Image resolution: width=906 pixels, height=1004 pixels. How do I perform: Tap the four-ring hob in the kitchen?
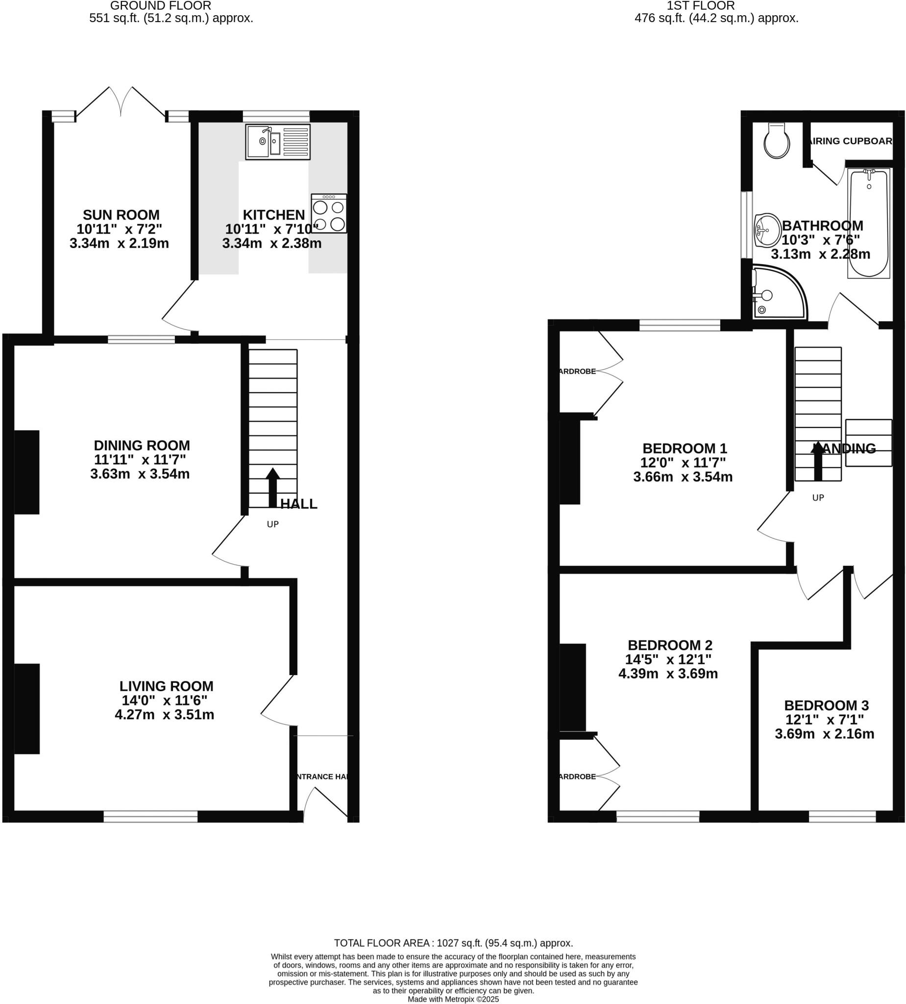pos(329,214)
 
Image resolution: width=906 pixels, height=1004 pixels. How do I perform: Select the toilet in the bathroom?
pos(776,141)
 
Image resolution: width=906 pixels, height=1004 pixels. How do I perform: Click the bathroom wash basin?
pos(766,230)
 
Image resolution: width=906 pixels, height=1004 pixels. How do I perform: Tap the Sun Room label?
pos(121,215)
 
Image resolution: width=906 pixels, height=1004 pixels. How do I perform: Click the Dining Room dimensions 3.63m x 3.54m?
pos(140,474)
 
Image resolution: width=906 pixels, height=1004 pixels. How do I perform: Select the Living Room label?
pos(166,686)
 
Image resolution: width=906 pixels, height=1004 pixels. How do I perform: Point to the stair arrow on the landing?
pos(817,461)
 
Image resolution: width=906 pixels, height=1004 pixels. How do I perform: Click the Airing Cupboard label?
pos(851,141)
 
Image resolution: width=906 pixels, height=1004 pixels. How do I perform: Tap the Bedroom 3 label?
pos(826,705)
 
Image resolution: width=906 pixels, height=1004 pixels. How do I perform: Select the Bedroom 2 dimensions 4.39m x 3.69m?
pos(668,674)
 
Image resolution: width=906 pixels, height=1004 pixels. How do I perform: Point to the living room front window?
pos(150,816)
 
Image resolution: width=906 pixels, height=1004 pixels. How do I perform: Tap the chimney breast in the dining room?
pos(26,472)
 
